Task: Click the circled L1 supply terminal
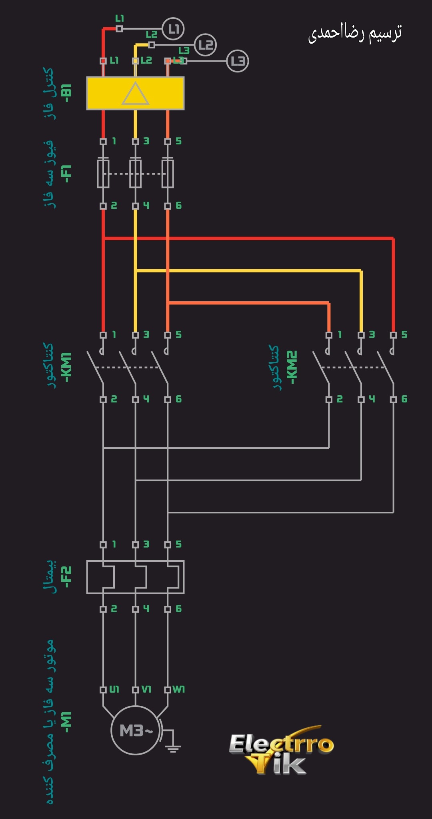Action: [x=173, y=29]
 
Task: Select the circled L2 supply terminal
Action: [x=205, y=44]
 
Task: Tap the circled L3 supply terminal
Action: [x=238, y=61]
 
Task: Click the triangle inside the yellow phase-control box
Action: [x=136, y=94]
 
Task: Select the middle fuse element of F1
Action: [x=136, y=173]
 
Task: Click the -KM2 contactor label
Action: [x=292, y=367]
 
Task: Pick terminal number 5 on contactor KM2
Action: [x=404, y=334]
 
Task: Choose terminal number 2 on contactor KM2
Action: [x=340, y=399]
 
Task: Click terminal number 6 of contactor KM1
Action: [x=178, y=399]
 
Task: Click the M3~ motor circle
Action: [x=135, y=731]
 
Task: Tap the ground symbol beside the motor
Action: [x=173, y=747]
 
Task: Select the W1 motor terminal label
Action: [x=178, y=689]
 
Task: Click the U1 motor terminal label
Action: [x=114, y=689]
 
